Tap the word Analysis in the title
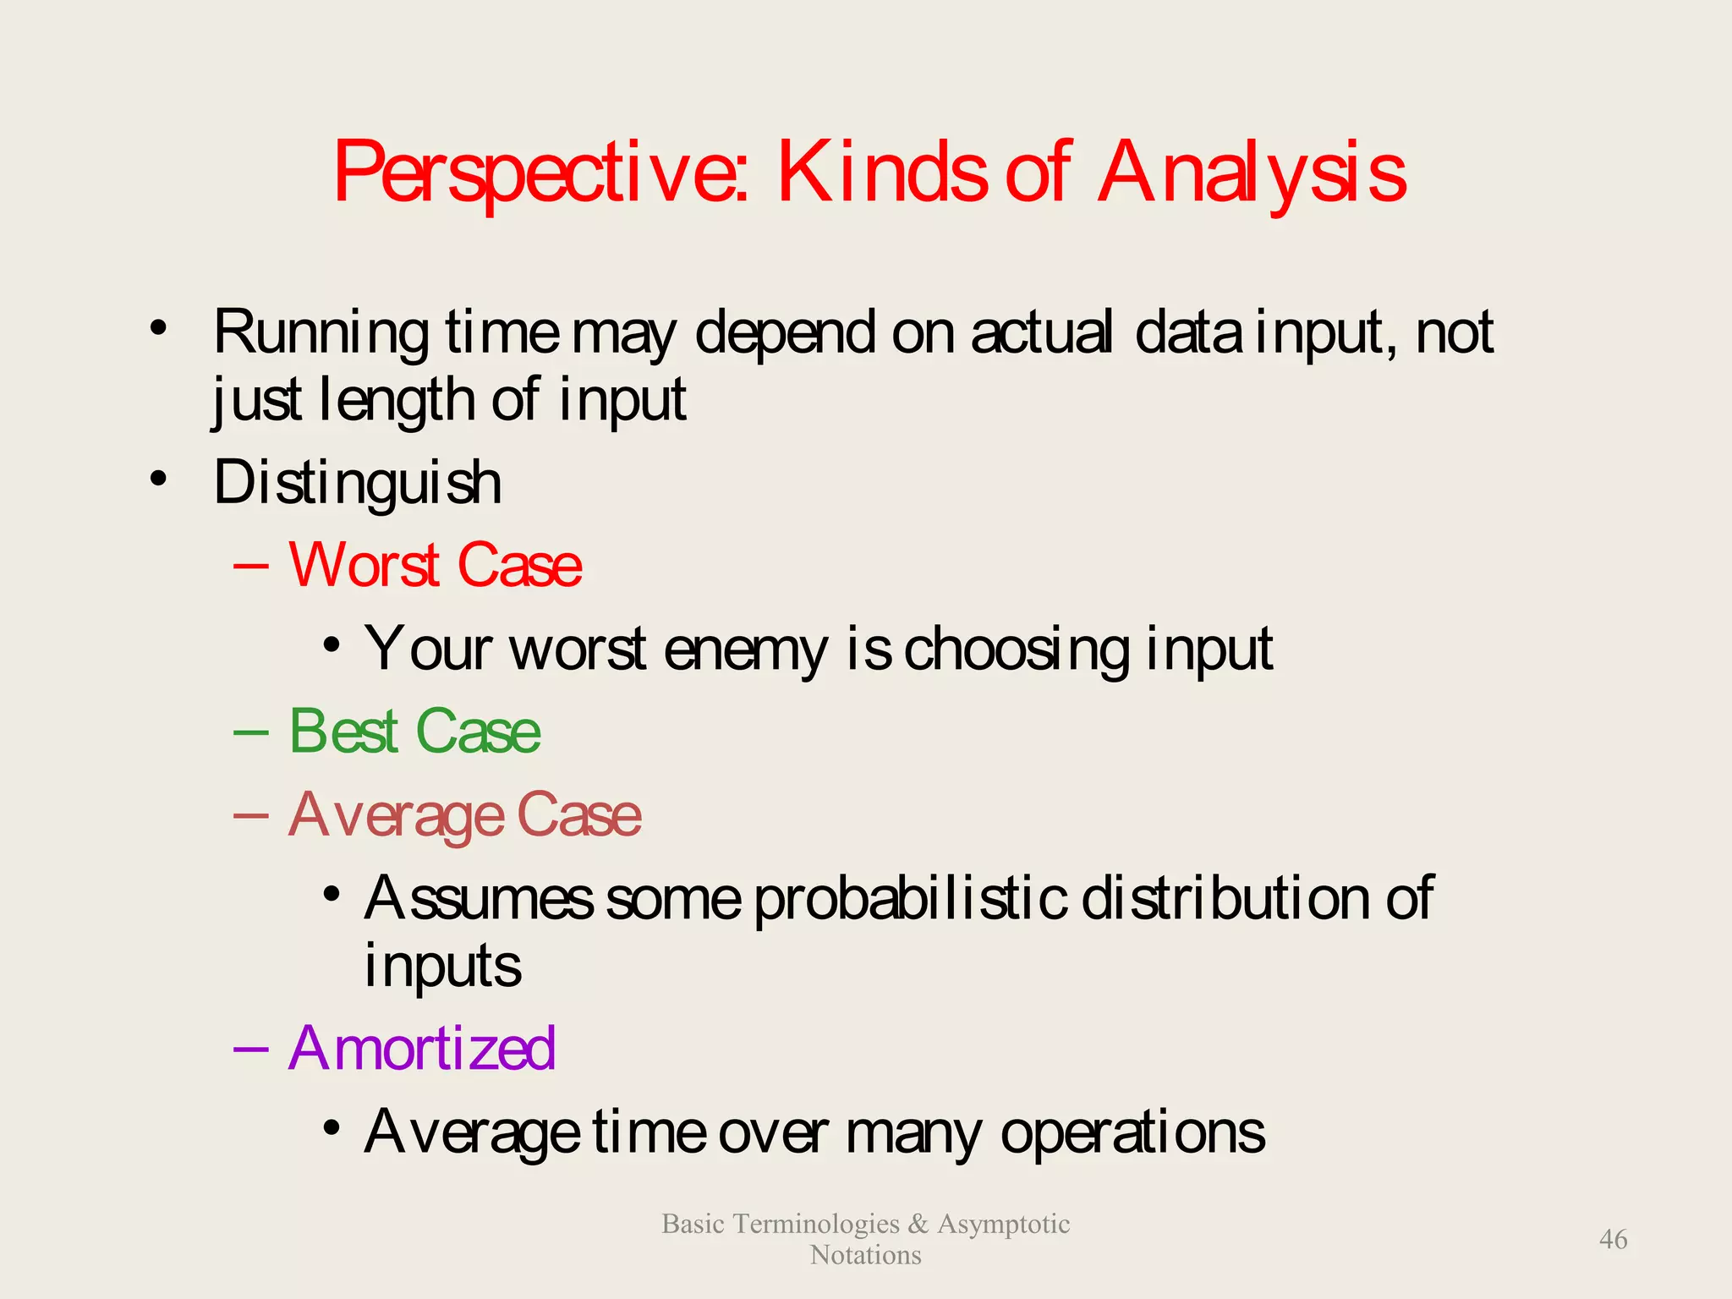click(1252, 173)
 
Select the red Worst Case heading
click(435, 565)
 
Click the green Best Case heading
click(414, 732)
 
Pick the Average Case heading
click(464, 815)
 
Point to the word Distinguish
click(357, 483)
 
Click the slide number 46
click(1613, 1240)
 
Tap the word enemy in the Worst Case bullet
click(745, 650)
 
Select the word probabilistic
click(909, 898)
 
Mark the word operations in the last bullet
click(1132, 1133)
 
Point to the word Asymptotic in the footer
click(1003, 1224)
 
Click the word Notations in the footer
click(865, 1255)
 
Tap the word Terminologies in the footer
click(816, 1224)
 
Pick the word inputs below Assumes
click(442, 966)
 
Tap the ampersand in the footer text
click(918, 1224)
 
